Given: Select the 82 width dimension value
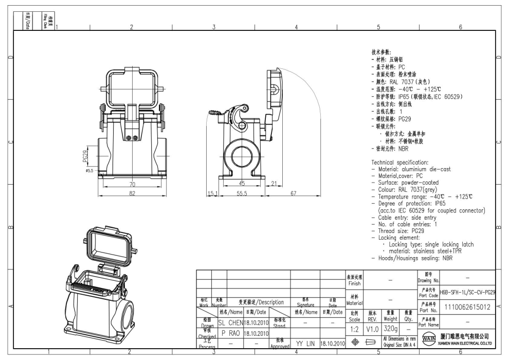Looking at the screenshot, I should pyautogui.click(x=132, y=193).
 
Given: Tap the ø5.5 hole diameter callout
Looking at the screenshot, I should pyautogui.click(x=88, y=170).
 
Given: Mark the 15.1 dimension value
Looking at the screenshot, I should pyautogui.click(x=211, y=193).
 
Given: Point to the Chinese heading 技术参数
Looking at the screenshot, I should pyautogui.click(x=381, y=52).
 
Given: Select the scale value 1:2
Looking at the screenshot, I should pyautogui.click(x=354, y=328).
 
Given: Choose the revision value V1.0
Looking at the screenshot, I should pyautogui.click(x=373, y=328).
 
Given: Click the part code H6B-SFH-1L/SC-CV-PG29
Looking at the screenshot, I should pyautogui.click(x=467, y=292).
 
